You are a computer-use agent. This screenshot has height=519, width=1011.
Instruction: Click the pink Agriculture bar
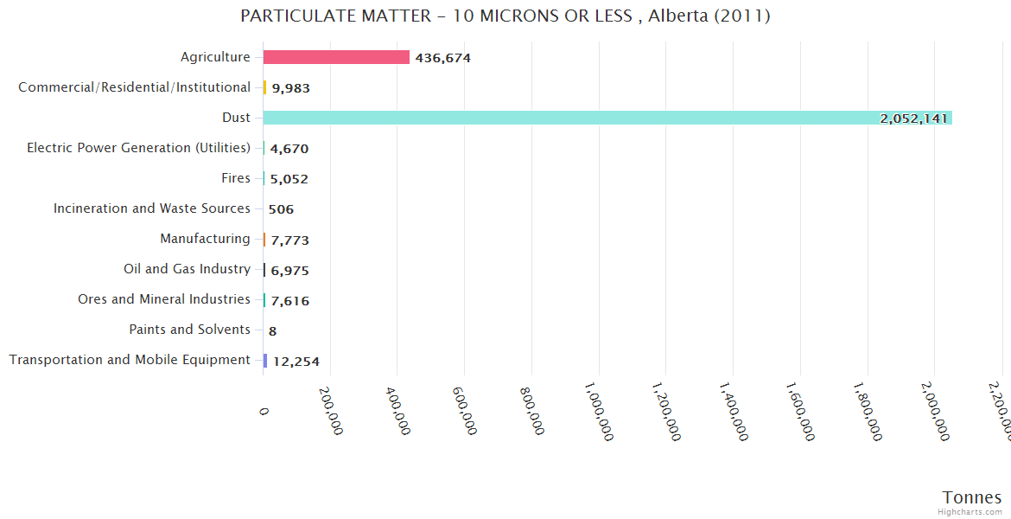pos(336,57)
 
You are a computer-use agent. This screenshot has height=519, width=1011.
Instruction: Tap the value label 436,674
pos(442,58)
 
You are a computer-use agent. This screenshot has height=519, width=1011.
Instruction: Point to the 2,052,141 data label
pos(914,119)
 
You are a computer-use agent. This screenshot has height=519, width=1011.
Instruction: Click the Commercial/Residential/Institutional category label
pos(134,87)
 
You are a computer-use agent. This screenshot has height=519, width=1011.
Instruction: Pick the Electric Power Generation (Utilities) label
pos(138,148)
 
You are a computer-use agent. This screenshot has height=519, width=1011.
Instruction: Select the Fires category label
pos(236,178)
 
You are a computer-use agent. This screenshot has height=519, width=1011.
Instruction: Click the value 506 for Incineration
pos(281,209)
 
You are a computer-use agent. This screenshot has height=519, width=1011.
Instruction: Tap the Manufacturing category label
pos(205,239)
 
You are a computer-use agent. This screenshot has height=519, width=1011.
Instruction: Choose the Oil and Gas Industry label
pos(187,269)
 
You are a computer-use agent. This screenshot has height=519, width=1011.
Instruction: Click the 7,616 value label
pos(289,301)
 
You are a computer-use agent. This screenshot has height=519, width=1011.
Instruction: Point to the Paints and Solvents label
pos(189,330)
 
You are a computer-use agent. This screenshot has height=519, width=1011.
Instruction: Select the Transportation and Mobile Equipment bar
pos(265,361)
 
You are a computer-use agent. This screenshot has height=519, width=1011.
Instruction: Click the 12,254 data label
pos(296,362)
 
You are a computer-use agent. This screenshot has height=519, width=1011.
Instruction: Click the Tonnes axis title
pos(971,497)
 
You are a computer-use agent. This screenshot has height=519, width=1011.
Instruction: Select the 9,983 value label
pos(290,88)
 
